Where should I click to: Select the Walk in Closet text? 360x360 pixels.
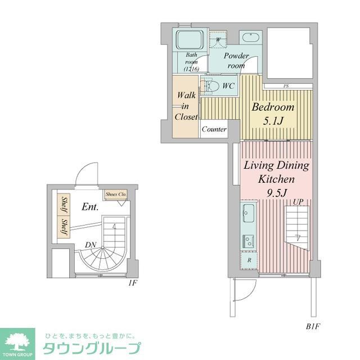[x=186, y=106]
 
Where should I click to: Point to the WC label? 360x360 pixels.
[x=228, y=86]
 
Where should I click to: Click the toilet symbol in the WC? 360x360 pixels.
[x=211, y=86]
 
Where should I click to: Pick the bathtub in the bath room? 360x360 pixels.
[x=190, y=40]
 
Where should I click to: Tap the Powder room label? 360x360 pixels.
[x=236, y=61]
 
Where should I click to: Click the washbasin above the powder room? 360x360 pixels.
[x=249, y=38]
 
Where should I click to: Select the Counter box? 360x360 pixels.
[x=214, y=129]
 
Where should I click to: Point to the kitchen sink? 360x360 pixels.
[x=248, y=214]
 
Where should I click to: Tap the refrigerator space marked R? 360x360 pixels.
[x=248, y=260]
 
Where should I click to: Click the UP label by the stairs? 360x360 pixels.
[x=298, y=201]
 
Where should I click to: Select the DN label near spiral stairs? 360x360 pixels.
[x=89, y=245]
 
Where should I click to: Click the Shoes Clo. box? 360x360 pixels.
[x=116, y=194]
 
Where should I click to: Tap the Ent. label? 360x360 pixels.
[x=89, y=207]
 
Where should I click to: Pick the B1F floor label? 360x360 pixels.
[x=313, y=326]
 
